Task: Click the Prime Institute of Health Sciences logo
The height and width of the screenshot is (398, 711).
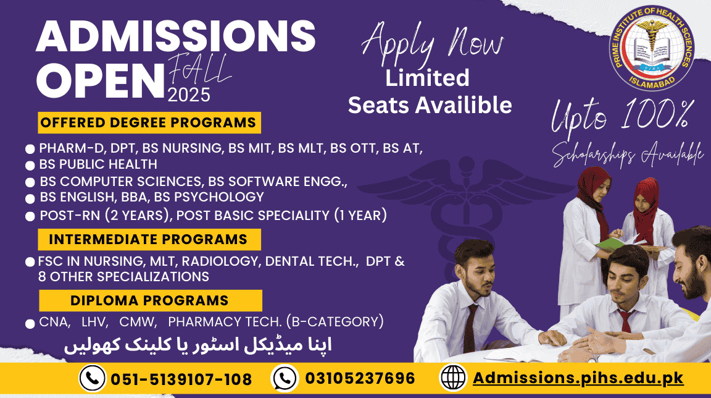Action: [652, 48]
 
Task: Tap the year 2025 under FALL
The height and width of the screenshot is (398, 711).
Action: [189, 95]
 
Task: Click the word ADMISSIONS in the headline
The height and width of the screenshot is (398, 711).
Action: [175, 36]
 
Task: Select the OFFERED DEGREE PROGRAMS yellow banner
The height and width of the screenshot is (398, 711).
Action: [149, 122]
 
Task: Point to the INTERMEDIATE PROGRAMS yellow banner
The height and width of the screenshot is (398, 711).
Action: [149, 239]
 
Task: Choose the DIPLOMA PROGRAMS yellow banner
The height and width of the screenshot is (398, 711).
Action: [151, 300]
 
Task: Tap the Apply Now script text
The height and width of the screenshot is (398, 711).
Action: [432, 44]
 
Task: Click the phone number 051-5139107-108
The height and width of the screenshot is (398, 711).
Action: [181, 379]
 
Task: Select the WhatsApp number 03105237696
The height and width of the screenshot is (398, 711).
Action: [360, 378]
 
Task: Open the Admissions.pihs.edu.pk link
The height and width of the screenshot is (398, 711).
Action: [578, 378]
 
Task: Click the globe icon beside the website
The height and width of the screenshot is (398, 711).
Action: [454, 378]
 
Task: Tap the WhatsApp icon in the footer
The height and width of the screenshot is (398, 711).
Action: [285, 378]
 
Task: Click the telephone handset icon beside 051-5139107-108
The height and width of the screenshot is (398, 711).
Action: [93, 378]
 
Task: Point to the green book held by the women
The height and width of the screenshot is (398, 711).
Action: [613, 243]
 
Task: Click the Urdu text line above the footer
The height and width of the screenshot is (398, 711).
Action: [198, 345]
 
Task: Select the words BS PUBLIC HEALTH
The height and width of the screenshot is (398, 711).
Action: [98, 164]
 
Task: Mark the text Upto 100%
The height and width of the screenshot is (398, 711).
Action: [622, 117]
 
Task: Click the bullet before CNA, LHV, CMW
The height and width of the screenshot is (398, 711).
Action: [30, 324]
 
